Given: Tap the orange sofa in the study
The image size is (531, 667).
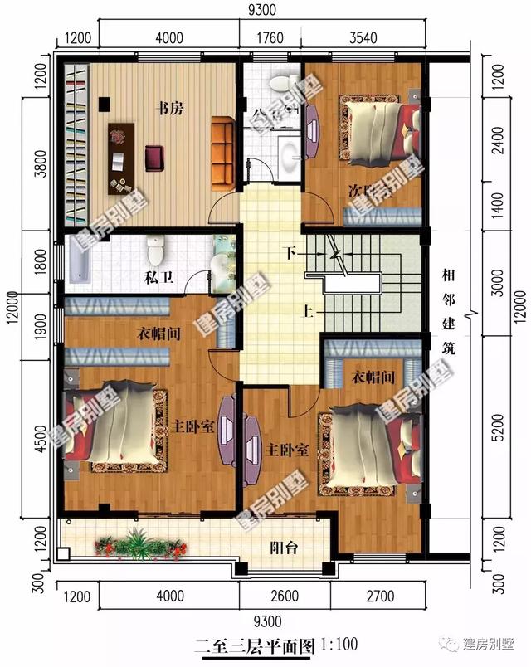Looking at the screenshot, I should pos(223,152).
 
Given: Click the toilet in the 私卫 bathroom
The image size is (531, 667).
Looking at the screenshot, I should pos(155,248).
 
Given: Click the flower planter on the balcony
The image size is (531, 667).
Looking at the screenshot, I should pos(138,546).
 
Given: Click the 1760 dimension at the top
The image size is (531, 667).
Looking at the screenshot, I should pos(270,38).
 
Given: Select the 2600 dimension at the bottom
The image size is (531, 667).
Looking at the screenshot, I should pos(284,596).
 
